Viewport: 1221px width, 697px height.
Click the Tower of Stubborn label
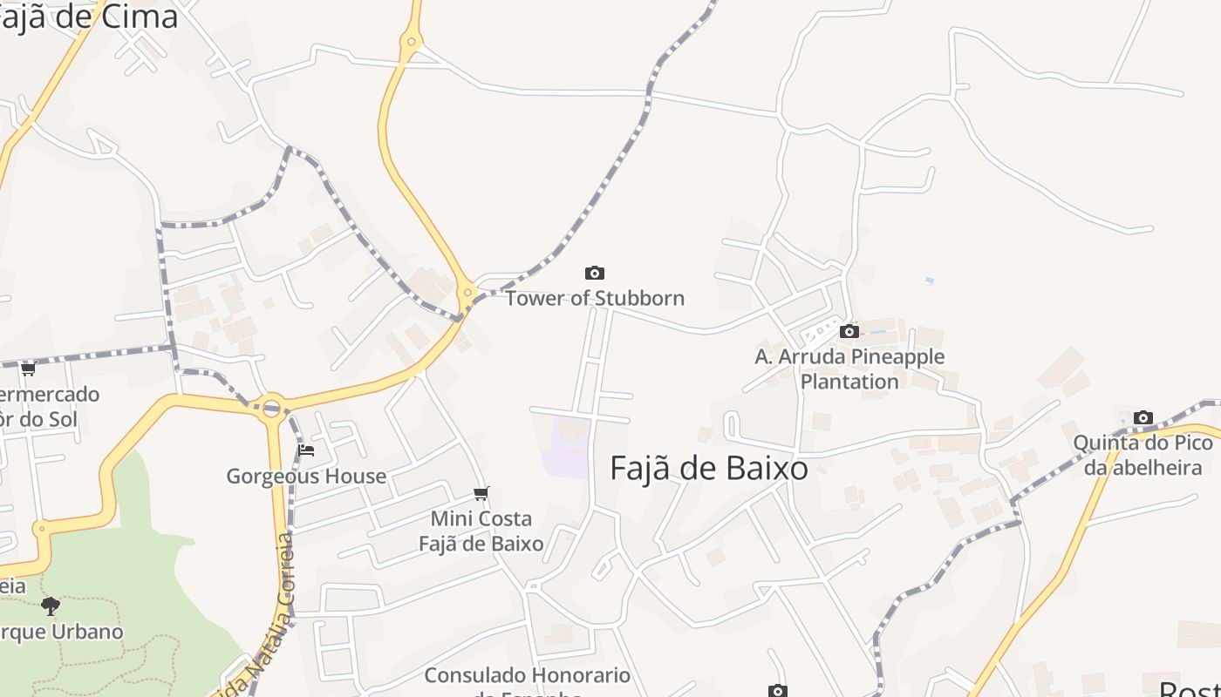pos(595,298)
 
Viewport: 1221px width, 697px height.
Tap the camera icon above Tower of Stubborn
pos(595,274)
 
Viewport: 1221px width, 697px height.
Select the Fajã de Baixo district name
pos(708,469)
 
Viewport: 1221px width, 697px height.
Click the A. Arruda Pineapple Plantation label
pos(849,369)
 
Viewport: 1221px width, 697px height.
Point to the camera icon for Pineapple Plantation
pos(849,331)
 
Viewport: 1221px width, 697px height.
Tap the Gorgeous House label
pos(306,477)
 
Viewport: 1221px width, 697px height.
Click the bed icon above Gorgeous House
pos(306,450)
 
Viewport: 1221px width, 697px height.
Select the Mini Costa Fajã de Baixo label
pos(481,531)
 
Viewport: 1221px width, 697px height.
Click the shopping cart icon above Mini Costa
pos(481,494)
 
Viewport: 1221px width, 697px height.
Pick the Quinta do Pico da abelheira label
pos(1143,455)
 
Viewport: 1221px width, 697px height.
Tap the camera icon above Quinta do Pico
pos(1143,418)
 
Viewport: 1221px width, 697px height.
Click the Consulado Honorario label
pos(527,676)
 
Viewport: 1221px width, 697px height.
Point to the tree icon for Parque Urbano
pos(51,606)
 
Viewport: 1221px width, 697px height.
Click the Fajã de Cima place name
pos(87,17)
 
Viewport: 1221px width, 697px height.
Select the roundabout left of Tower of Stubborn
pos(468,293)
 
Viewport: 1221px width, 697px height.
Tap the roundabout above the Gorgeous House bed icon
pos(271,406)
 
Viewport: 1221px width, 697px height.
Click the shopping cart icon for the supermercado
pos(28,369)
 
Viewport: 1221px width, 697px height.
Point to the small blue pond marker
pos(930,281)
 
